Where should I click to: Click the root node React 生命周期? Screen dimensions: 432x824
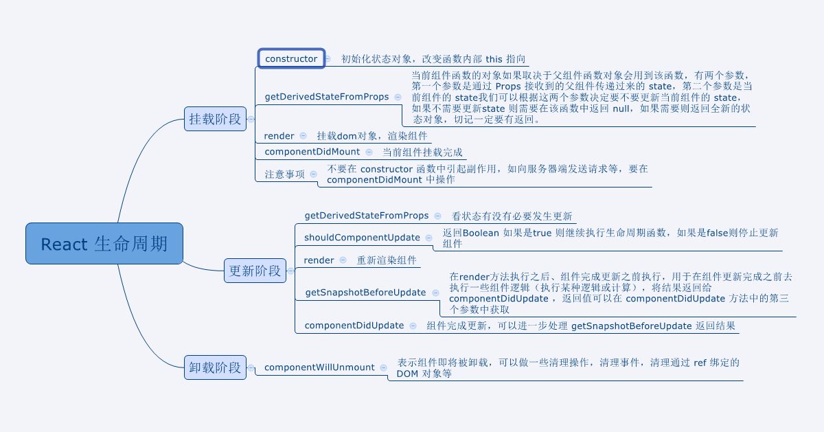pos(104,243)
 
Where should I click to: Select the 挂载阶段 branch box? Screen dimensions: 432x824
pos(215,119)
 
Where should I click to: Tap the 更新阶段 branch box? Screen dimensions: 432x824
pos(255,271)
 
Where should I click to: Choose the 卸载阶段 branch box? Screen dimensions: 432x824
pos(215,367)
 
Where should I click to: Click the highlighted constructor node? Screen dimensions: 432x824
pos(291,59)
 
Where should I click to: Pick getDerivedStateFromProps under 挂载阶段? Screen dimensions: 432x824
pos(327,97)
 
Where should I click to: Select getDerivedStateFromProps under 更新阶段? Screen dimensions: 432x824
pos(367,216)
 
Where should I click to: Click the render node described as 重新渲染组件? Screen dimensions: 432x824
pos(319,260)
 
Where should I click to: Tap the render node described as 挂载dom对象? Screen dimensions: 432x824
pos(279,136)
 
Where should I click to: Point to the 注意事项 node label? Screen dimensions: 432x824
pos(285,174)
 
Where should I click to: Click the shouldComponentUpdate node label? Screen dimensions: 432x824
pos(362,238)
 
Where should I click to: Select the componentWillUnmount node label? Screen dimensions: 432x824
pos(319,367)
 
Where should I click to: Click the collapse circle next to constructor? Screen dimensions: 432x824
pos(328,59)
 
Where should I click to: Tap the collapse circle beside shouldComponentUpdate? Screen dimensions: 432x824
pos(429,238)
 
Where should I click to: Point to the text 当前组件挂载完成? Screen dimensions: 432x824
pos(422,152)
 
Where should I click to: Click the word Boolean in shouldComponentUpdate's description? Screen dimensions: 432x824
pos(481,233)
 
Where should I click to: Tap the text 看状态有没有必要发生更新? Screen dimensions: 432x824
pos(512,216)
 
